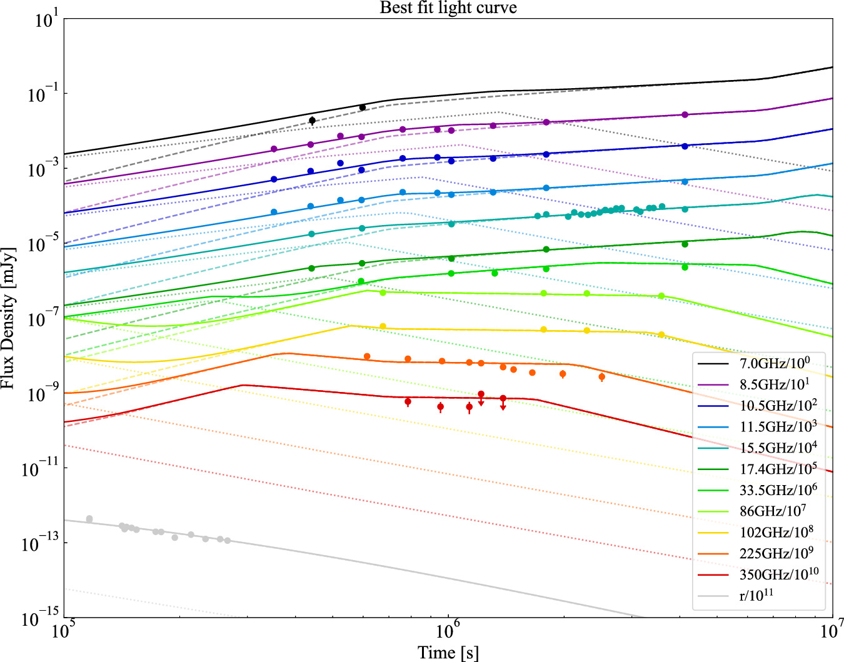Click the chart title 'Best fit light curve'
448,8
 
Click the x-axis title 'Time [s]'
448,653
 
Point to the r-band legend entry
756,595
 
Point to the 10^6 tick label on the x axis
449,631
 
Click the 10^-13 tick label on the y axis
39,544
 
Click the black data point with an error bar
312,120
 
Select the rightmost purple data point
685,115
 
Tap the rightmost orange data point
601,377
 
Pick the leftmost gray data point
89,519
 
